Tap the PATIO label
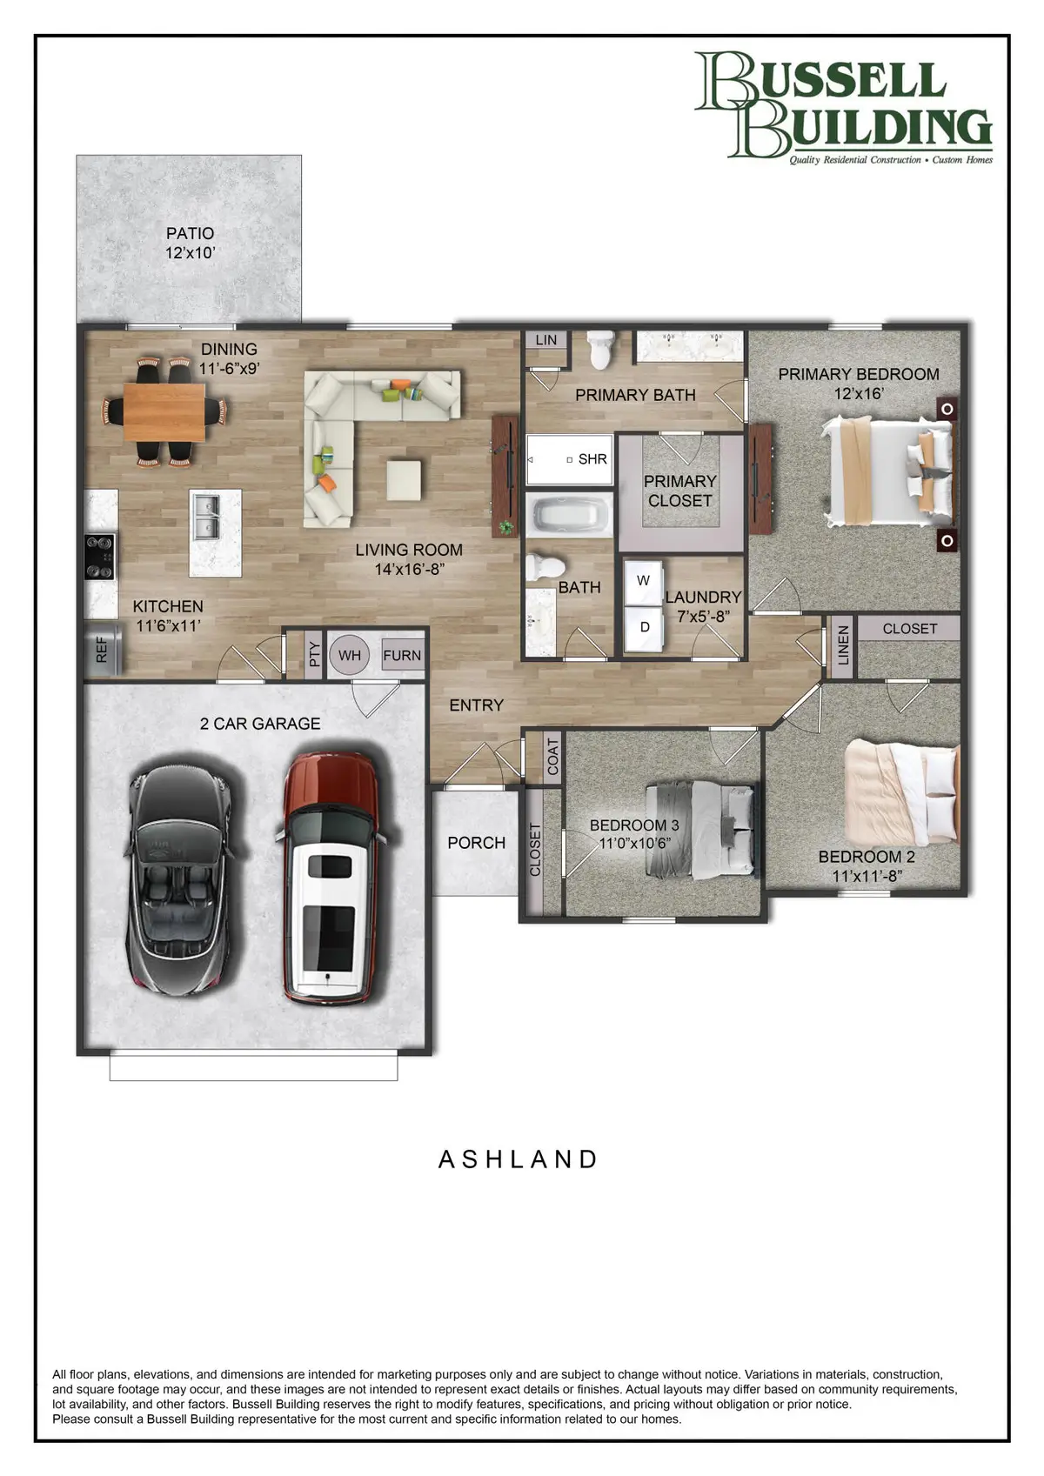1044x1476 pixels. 190,233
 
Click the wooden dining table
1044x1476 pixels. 164,411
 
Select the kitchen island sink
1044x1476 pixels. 206,517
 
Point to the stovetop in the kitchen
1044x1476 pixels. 99,557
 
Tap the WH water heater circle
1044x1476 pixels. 350,656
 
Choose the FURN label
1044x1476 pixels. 402,656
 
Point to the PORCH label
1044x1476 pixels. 476,843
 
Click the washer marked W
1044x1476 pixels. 644,581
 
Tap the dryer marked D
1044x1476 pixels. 645,627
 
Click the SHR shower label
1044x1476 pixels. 592,459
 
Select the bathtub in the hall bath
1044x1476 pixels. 568,515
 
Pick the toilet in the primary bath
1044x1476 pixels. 600,350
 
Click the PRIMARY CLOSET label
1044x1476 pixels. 679,491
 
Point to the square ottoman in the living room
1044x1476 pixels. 404,480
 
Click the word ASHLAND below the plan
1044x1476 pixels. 519,1159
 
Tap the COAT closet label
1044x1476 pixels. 553,757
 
